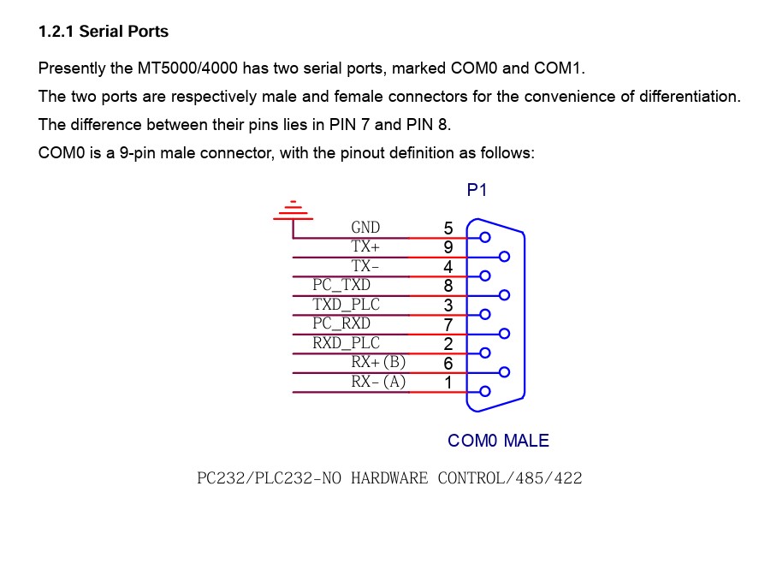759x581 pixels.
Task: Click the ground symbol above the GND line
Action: coord(293,210)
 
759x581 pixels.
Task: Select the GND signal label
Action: coord(365,228)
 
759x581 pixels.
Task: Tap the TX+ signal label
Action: coord(365,246)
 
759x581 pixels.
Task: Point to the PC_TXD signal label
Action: coord(341,285)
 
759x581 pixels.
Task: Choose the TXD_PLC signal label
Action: coord(347,304)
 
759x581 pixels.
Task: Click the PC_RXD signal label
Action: coord(341,323)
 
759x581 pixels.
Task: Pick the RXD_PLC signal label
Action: coord(347,343)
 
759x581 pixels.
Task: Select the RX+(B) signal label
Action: coord(378,362)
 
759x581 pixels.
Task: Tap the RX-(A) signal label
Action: coord(378,382)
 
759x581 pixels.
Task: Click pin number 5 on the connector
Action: coord(448,228)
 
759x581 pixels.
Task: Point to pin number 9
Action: coord(448,247)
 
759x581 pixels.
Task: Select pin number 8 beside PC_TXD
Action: coord(448,286)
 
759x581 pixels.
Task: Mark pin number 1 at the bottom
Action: coord(448,382)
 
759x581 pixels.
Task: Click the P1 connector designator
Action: coord(477,190)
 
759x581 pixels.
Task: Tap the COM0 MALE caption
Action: coord(498,441)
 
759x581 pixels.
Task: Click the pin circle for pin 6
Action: coord(504,372)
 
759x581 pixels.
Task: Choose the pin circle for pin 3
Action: coord(485,314)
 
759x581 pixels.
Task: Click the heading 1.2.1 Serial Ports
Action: coord(104,32)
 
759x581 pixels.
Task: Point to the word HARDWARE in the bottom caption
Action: coord(389,477)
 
